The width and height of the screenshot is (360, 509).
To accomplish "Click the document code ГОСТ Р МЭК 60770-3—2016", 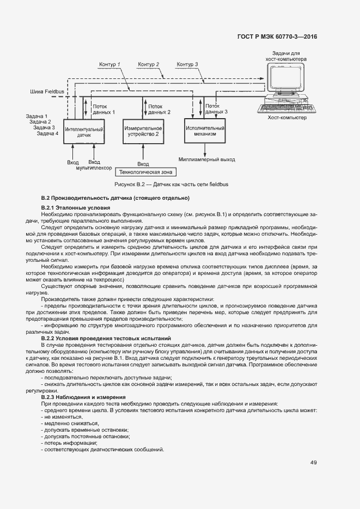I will pyautogui.click(x=277, y=37).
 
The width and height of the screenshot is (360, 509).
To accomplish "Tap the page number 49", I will pyautogui.click(x=314, y=463).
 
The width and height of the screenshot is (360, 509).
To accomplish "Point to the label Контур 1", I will pyautogui.click(x=109, y=65).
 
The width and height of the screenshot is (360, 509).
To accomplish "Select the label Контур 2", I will pyautogui.click(x=148, y=65).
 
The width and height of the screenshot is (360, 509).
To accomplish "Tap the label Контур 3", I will pyautogui.click(x=187, y=65).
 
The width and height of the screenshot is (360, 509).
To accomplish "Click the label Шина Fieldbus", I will pyautogui.click(x=47, y=92).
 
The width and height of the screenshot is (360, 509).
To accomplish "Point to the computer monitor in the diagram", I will pyautogui.click(x=286, y=79).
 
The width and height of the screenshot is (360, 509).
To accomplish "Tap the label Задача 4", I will pyautogui.click(x=47, y=133).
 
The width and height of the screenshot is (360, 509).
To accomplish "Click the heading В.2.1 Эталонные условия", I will pyautogui.click(x=75, y=208).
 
